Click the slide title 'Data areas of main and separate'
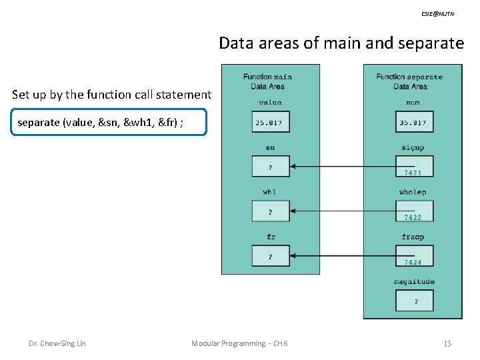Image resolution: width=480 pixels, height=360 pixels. click(341, 44)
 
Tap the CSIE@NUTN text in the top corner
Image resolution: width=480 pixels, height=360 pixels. click(438, 13)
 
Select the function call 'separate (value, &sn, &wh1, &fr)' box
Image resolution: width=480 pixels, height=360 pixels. click(109, 123)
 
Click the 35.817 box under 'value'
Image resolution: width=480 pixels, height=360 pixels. click(271, 123)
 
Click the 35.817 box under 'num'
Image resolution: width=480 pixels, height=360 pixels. click(413, 123)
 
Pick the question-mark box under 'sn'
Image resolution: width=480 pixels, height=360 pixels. click(271, 167)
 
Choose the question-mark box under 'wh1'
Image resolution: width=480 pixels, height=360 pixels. click(271, 212)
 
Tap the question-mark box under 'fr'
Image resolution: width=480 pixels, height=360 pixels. click(271, 256)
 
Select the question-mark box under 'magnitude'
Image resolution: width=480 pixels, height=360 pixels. click(415, 301)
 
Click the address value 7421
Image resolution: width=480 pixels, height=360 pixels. click(413, 173)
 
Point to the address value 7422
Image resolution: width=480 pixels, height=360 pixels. click(413, 218)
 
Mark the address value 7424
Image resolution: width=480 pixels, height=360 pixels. click(413, 263)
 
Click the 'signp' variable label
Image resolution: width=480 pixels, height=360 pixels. click(413, 148)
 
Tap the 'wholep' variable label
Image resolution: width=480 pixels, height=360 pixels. click(413, 193)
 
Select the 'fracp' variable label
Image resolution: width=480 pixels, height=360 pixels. click(413, 237)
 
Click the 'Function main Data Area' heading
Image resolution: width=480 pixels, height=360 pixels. click(268, 81)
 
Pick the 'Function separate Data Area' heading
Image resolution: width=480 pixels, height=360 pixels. click(410, 81)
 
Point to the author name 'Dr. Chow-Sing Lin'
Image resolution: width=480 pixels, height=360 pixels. click(57, 343)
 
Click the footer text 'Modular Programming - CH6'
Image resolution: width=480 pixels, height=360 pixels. click(239, 343)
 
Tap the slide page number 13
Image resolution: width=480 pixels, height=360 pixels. click(447, 343)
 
